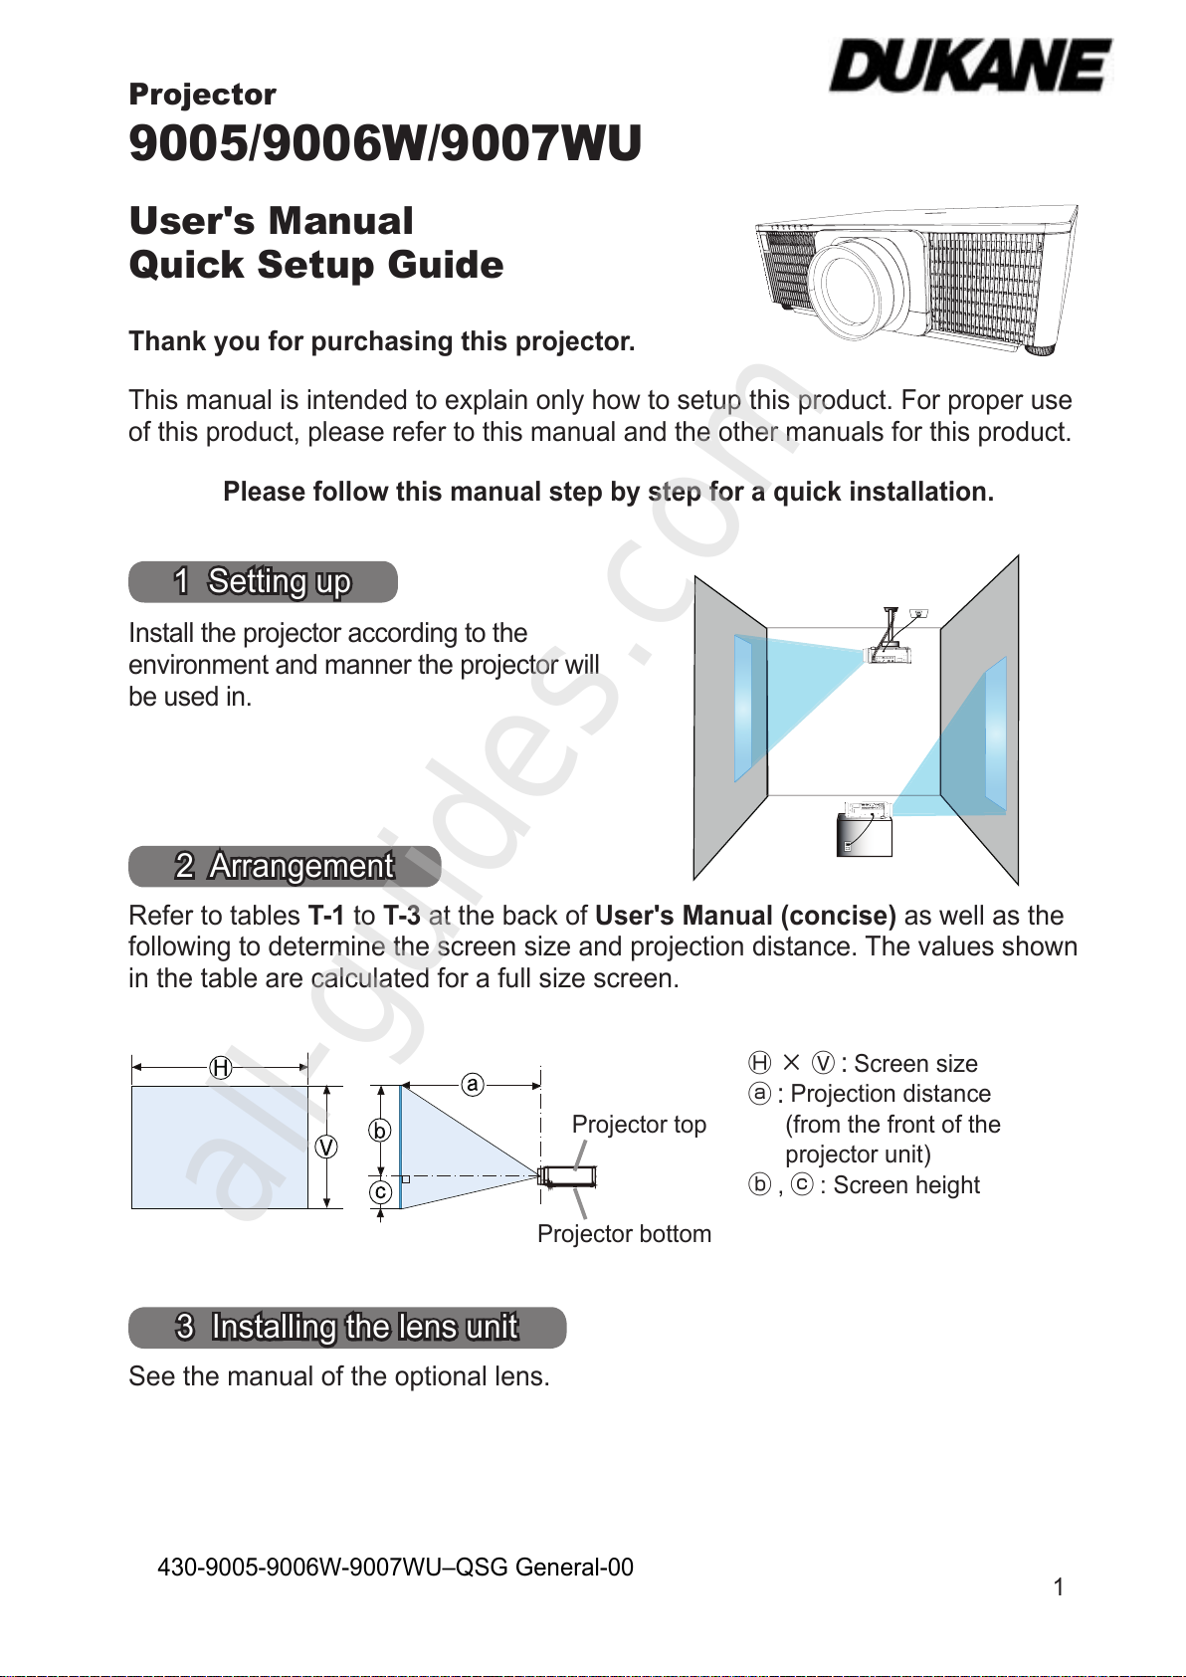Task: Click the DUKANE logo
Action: coord(970,67)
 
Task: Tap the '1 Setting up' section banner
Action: coord(263,582)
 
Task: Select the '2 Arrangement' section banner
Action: coord(285,867)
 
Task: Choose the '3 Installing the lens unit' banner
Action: coord(347,1328)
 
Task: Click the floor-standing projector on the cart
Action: coord(865,828)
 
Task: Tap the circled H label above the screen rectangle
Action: coord(220,1068)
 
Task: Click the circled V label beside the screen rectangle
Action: coord(325,1148)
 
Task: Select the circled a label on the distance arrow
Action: coord(473,1084)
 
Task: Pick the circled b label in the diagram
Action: coord(379,1131)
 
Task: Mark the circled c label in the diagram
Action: coord(380,1192)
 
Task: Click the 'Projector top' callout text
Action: coord(639,1125)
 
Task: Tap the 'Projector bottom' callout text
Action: coord(624,1234)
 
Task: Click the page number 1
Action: coord(1059,1587)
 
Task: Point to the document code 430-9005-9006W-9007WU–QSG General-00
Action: coord(395,1568)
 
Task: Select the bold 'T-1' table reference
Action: coord(325,916)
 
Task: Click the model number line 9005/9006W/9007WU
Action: coord(385,143)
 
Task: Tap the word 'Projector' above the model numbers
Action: coord(203,95)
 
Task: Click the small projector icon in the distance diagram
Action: coord(568,1176)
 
